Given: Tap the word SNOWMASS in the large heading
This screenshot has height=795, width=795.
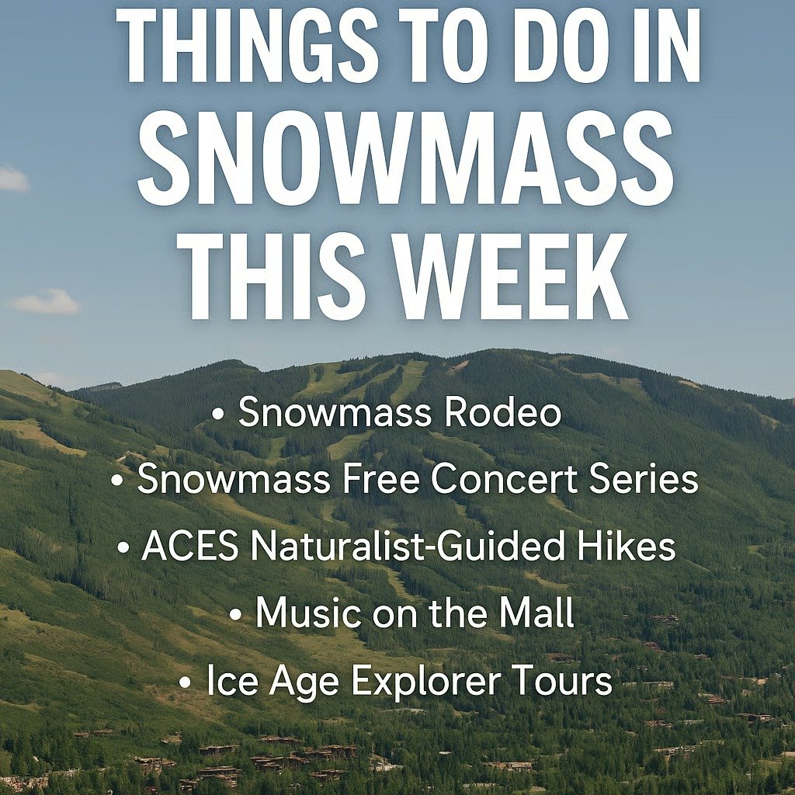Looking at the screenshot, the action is click(405, 161).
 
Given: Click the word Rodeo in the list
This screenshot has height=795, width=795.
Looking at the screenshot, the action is click(502, 411).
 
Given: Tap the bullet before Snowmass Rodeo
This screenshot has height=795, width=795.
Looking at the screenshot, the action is click(218, 414).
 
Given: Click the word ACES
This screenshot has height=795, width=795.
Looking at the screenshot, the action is click(189, 547).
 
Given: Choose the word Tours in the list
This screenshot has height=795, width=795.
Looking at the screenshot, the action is click(564, 682).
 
